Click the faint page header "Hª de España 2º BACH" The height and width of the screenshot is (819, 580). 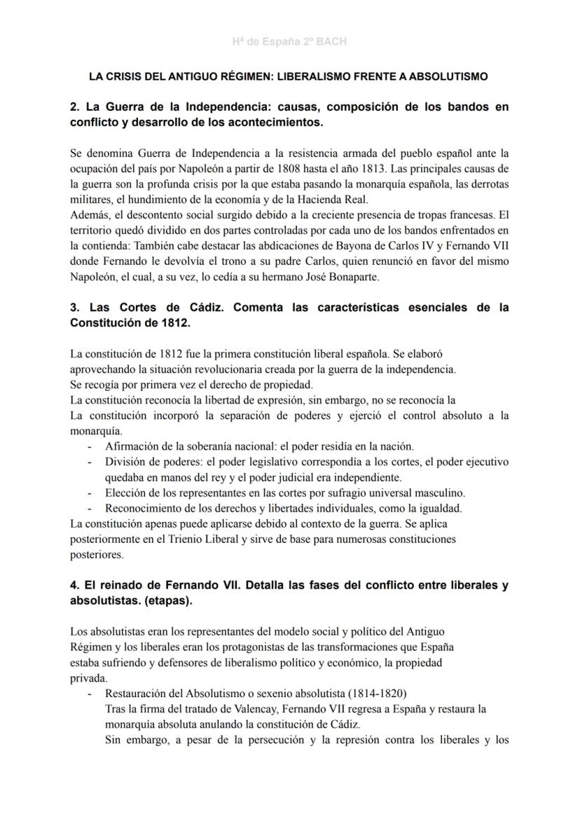pyautogui.click(x=289, y=42)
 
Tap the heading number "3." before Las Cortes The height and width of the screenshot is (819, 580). pyautogui.click(x=76, y=308)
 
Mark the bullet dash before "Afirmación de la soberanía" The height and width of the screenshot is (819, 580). pyautogui.click(x=89, y=446)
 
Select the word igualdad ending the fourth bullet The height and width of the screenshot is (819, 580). pyautogui.click(x=441, y=508)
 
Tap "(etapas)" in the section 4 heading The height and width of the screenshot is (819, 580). pyautogui.click(x=168, y=600)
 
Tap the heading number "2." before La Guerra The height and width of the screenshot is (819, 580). pyautogui.click(x=76, y=107)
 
